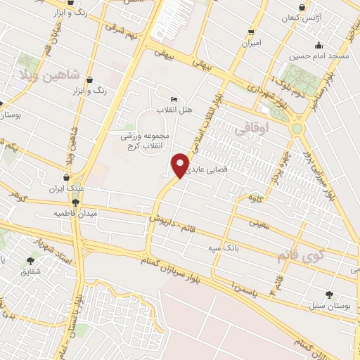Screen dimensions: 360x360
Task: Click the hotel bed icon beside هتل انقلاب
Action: click(174, 100)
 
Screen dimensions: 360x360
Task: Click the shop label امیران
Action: click(251, 44)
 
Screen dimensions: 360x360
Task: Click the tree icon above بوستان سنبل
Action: click(328, 295)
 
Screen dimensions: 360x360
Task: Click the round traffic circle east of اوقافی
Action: click(297, 128)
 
